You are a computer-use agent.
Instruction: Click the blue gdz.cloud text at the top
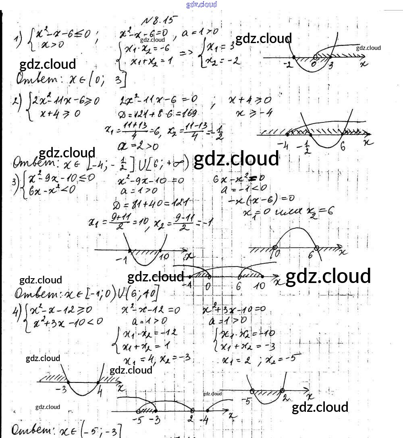click(x=201, y=4)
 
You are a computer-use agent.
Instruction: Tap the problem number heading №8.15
click(x=160, y=21)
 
